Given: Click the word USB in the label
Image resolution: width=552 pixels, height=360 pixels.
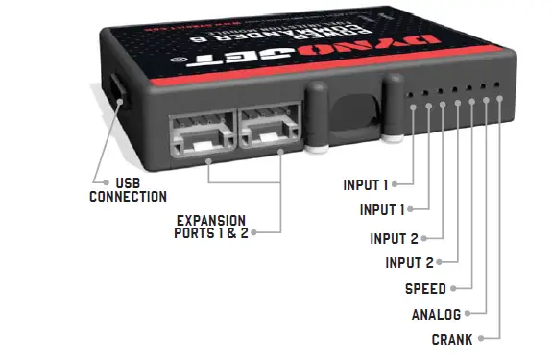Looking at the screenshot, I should [127, 181].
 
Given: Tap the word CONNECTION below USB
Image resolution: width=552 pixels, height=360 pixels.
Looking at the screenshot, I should [128, 197].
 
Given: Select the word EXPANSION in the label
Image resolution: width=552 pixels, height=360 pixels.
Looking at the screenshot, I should [209, 219].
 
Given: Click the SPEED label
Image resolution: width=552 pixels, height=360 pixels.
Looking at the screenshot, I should [424, 289].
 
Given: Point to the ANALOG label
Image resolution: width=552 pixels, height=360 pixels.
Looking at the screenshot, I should [436, 314].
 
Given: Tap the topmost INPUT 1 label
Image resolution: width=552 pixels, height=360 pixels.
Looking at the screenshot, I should [366, 184].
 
